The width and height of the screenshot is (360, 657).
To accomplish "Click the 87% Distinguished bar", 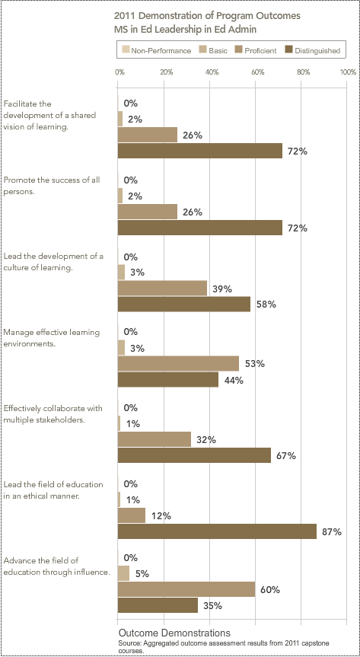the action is click(217, 531).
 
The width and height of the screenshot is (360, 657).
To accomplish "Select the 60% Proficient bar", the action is click(186, 588).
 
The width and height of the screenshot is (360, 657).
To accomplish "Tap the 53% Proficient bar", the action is click(178, 363).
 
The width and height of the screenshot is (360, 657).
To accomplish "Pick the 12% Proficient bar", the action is click(132, 515).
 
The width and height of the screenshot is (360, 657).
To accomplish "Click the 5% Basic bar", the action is click(123, 572).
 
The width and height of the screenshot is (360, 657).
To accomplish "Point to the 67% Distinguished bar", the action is click(194, 455).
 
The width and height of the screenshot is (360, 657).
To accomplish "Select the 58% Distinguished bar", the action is click(184, 304).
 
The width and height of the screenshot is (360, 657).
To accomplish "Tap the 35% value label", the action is click(213, 605).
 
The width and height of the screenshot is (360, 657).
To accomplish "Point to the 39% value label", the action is click(222, 289).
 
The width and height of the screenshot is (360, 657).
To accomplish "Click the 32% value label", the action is click(206, 440).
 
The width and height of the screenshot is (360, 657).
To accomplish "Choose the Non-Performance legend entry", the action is click(158, 51).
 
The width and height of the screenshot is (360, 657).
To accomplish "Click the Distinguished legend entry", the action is click(313, 51).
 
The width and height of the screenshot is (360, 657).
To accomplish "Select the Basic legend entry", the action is click(214, 51).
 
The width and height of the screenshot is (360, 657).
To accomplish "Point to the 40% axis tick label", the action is click(212, 72).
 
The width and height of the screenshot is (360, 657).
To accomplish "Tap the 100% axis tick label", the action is click(348, 72).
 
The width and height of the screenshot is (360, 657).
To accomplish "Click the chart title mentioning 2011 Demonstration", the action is click(208, 23).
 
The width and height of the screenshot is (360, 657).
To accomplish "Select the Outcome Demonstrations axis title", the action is click(174, 633).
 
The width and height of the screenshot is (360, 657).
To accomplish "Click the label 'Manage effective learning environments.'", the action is click(52, 338).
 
